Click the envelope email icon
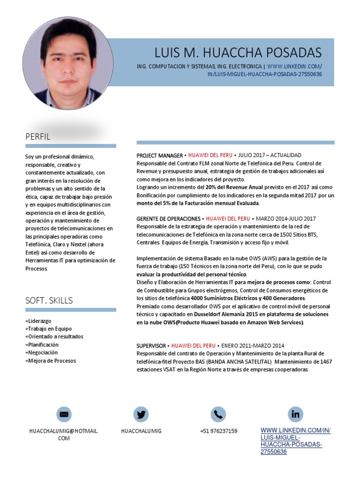pyautogui.click(x=64, y=414)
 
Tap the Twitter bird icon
pyautogui.click(x=141, y=414)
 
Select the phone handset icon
pyautogui.click(x=218, y=414)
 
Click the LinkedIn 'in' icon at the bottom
pyautogui.click(x=296, y=414)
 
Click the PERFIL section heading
pyautogui.click(x=38, y=137)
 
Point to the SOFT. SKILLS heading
pyautogui.click(x=49, y=300)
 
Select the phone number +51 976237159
pyautogui.click(x=218, y=431)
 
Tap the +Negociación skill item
pyautogui.click(x=42, y=352)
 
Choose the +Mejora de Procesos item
pyautogui.click(x=51, y=360)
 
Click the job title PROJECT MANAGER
pyautogui.click(x=159, y=155)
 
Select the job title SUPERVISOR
pyautogui.click(x=152, y=345)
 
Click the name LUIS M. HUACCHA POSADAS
pyautogui.click(x=238, y=52)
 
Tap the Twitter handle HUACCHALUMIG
pyautogui.click(x=141, y=431)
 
